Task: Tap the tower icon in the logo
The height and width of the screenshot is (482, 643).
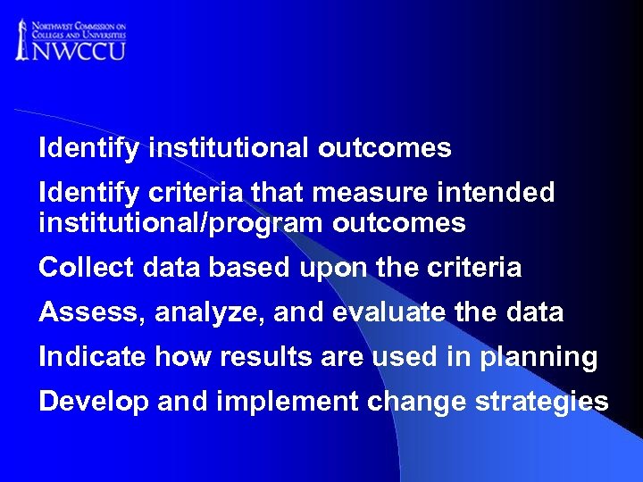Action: point(21,39)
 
